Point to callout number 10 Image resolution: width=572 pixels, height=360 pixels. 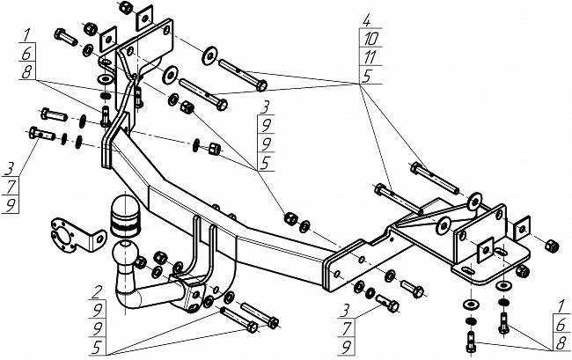coord(370,38)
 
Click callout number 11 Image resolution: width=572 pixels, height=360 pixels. coord(370,57)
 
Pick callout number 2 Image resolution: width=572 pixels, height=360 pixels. coord(96,292)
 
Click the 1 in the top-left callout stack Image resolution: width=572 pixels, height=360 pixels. coord(26,36)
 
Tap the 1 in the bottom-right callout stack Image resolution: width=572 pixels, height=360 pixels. coord(561,306)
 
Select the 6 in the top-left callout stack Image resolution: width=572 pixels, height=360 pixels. coord(26,54)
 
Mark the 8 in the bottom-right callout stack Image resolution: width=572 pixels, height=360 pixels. coord(561,343)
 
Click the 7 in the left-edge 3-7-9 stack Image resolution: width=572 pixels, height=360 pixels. coord(11,187)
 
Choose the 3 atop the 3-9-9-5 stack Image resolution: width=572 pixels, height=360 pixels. coord(266,107)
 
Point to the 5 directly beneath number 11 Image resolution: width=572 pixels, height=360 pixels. coord(367,76)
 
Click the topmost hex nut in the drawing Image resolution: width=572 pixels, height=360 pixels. coord(125,7)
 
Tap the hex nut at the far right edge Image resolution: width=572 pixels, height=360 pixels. coord(551,246)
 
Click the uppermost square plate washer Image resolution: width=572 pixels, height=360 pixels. coord(143,18)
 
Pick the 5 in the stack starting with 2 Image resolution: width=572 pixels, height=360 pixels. coord(96,349)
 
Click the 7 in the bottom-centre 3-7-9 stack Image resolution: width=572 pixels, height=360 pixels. coord(347,328)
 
